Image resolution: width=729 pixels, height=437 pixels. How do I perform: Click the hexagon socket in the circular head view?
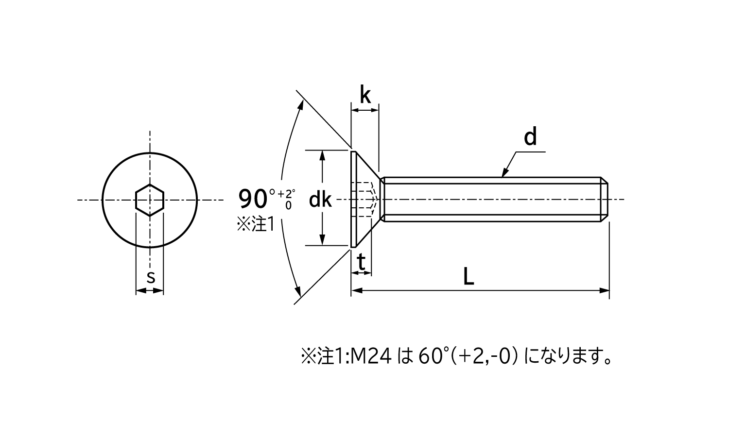coord(150,200)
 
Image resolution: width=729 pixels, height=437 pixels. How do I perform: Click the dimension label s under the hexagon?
coord(151,278)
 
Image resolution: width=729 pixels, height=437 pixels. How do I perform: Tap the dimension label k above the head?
coord(365,95)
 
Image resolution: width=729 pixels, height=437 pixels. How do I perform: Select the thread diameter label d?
coord(530,138)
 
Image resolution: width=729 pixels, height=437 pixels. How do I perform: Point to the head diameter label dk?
coord(320,200)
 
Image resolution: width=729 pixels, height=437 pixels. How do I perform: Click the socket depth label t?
coord(361,263)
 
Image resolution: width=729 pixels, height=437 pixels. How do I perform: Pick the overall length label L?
coord(468,277)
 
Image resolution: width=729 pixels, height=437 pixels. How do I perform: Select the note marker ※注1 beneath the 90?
coord(256,224)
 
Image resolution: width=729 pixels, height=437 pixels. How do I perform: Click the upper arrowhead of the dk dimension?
coord(322,155)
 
